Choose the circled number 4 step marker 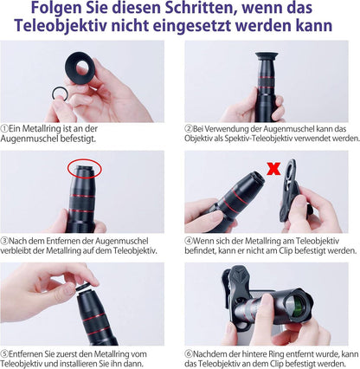point(188,239)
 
